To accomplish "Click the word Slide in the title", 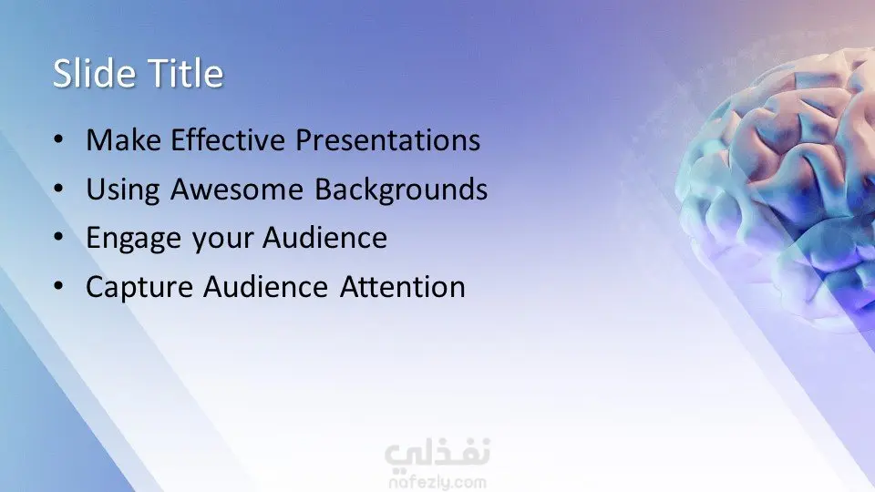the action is pyautogui.click(x=94, y=73).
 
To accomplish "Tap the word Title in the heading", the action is pyautogui.click(x=186, y=73).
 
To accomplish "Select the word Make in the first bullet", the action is pyautogui.click(x=123, y=139).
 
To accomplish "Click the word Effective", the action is pyautogui.click(x=228, y=139).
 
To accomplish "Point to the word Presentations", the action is pyautogui.click(x=388, y=139).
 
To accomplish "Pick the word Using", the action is pyautogui.click(x=123, y=190).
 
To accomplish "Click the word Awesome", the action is pyautogui.click(x=237, y=190).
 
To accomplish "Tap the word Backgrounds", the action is pyautogui.click(x=401, y=190).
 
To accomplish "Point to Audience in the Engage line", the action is pyautogui.click(x=324, y=238).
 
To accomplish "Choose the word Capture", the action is pyautogui.click(x=139, y=288).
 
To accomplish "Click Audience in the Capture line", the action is pyautogui.click(x=265, y=287).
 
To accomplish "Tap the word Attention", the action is pyautogui.click(x=402, y=287).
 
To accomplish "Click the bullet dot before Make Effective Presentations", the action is pyautogui.click(x=58, y=139).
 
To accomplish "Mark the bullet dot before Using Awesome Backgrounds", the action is pyautogui.click(x=58, y=189).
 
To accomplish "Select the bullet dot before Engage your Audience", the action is pyautogui.click(x=58, y=237).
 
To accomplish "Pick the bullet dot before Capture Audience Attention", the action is pyautogui.click(x=58, y=286).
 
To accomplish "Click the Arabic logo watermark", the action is pyautogui.click(x=437, y=453).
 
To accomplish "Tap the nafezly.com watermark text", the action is pyautogui.click(x=437, y=482).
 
